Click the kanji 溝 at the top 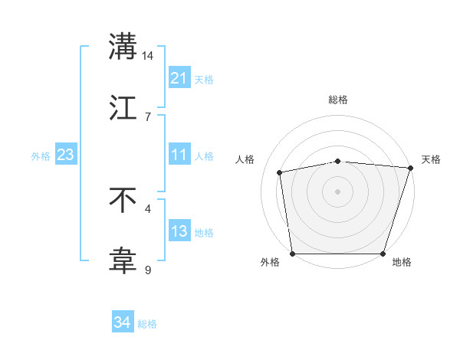click(123, 47)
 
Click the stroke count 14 click(148, 56)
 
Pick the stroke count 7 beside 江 click(148, 116)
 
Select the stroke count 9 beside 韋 click(148, 270)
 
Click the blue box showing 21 click(179, 78)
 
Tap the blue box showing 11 click(179, 155)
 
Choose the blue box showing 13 click(179, 231)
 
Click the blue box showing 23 click(65, 155)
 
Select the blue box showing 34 click(123, 322)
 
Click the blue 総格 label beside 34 click(147, 324)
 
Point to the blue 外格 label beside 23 click(41, 156)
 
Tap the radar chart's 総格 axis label click(338, 100)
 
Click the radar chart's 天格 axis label click(431, 159)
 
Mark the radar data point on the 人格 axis click(281, 172)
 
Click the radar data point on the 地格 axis click(383, 254)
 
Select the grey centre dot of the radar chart click(338, 191)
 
